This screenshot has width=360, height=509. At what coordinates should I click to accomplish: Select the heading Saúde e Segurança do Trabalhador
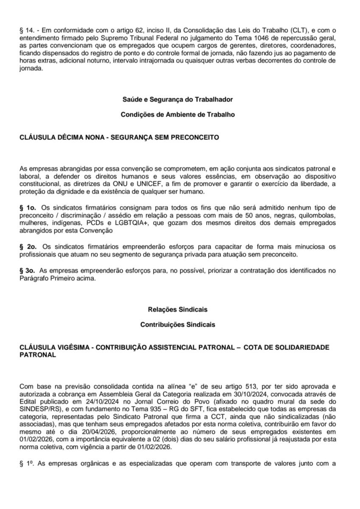177,100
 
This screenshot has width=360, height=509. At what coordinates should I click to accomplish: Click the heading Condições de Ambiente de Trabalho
177,115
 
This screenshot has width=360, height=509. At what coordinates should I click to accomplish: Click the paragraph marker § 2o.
28,246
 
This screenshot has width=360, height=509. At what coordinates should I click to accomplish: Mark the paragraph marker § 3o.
28,270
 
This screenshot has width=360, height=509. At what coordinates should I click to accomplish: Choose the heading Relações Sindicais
177,310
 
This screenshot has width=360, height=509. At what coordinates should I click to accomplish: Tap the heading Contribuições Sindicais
177,325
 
